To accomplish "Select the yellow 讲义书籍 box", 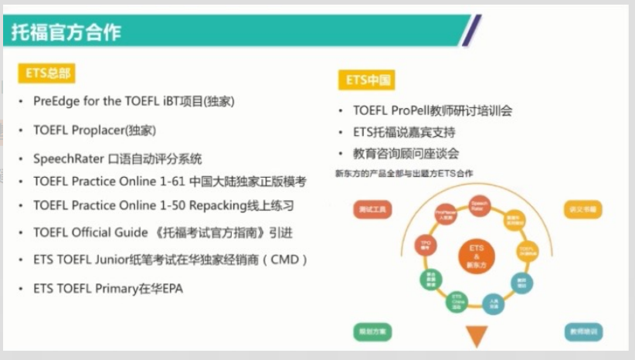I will [x=584, y=209].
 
